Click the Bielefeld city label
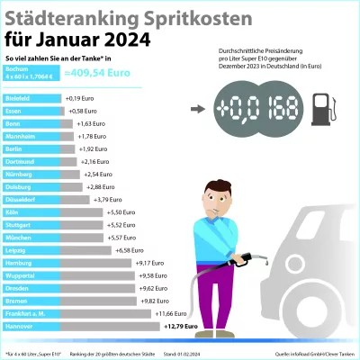[x=19, y=96]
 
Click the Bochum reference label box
[x=31, y=76]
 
